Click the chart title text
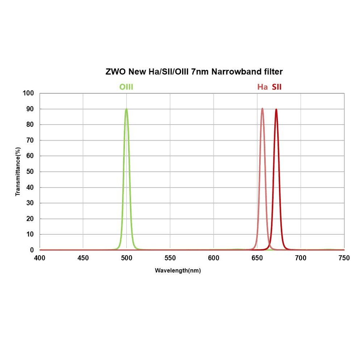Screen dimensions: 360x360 click(194, 72)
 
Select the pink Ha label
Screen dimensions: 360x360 click(263, 87)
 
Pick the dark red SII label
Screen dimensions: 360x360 click(277, 87)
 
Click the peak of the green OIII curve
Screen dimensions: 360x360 click(126, 109)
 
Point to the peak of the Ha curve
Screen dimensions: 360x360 click(262, 108)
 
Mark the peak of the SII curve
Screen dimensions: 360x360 click(276, 109)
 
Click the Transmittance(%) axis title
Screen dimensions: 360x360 click(18, 171)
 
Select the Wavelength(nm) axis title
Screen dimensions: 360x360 click(178, 271)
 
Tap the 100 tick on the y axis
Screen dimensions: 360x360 click(28, 93)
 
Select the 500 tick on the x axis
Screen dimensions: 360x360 click(126, 258)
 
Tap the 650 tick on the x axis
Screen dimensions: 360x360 click(257, 258)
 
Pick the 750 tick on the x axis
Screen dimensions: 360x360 click(344, 258)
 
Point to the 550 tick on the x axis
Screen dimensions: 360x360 click(170, 258)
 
